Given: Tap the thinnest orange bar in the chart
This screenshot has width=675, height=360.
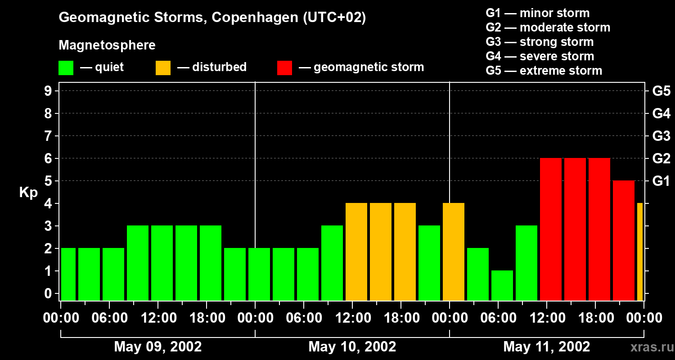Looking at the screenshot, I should coord(640,252).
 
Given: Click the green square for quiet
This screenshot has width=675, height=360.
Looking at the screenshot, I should coord(66,67).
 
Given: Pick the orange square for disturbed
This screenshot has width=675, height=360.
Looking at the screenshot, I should coord(163,67).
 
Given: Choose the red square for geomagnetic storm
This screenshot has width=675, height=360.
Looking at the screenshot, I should coord(284,67).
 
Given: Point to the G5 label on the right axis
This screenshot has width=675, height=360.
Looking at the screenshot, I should coord(661,91).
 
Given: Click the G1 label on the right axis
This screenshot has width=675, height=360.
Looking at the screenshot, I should coord(661,181).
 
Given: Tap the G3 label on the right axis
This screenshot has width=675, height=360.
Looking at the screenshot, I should coord(661,136).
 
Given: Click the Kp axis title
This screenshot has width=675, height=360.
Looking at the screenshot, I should coord(28,193).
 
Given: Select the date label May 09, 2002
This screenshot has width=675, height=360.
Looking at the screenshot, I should coord(157,347).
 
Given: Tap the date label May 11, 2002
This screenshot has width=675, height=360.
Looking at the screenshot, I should coord(546,347).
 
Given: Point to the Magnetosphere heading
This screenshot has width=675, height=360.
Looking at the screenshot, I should coord(107,45).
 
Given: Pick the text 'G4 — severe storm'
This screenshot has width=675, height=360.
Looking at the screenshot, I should coord(540,56).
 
